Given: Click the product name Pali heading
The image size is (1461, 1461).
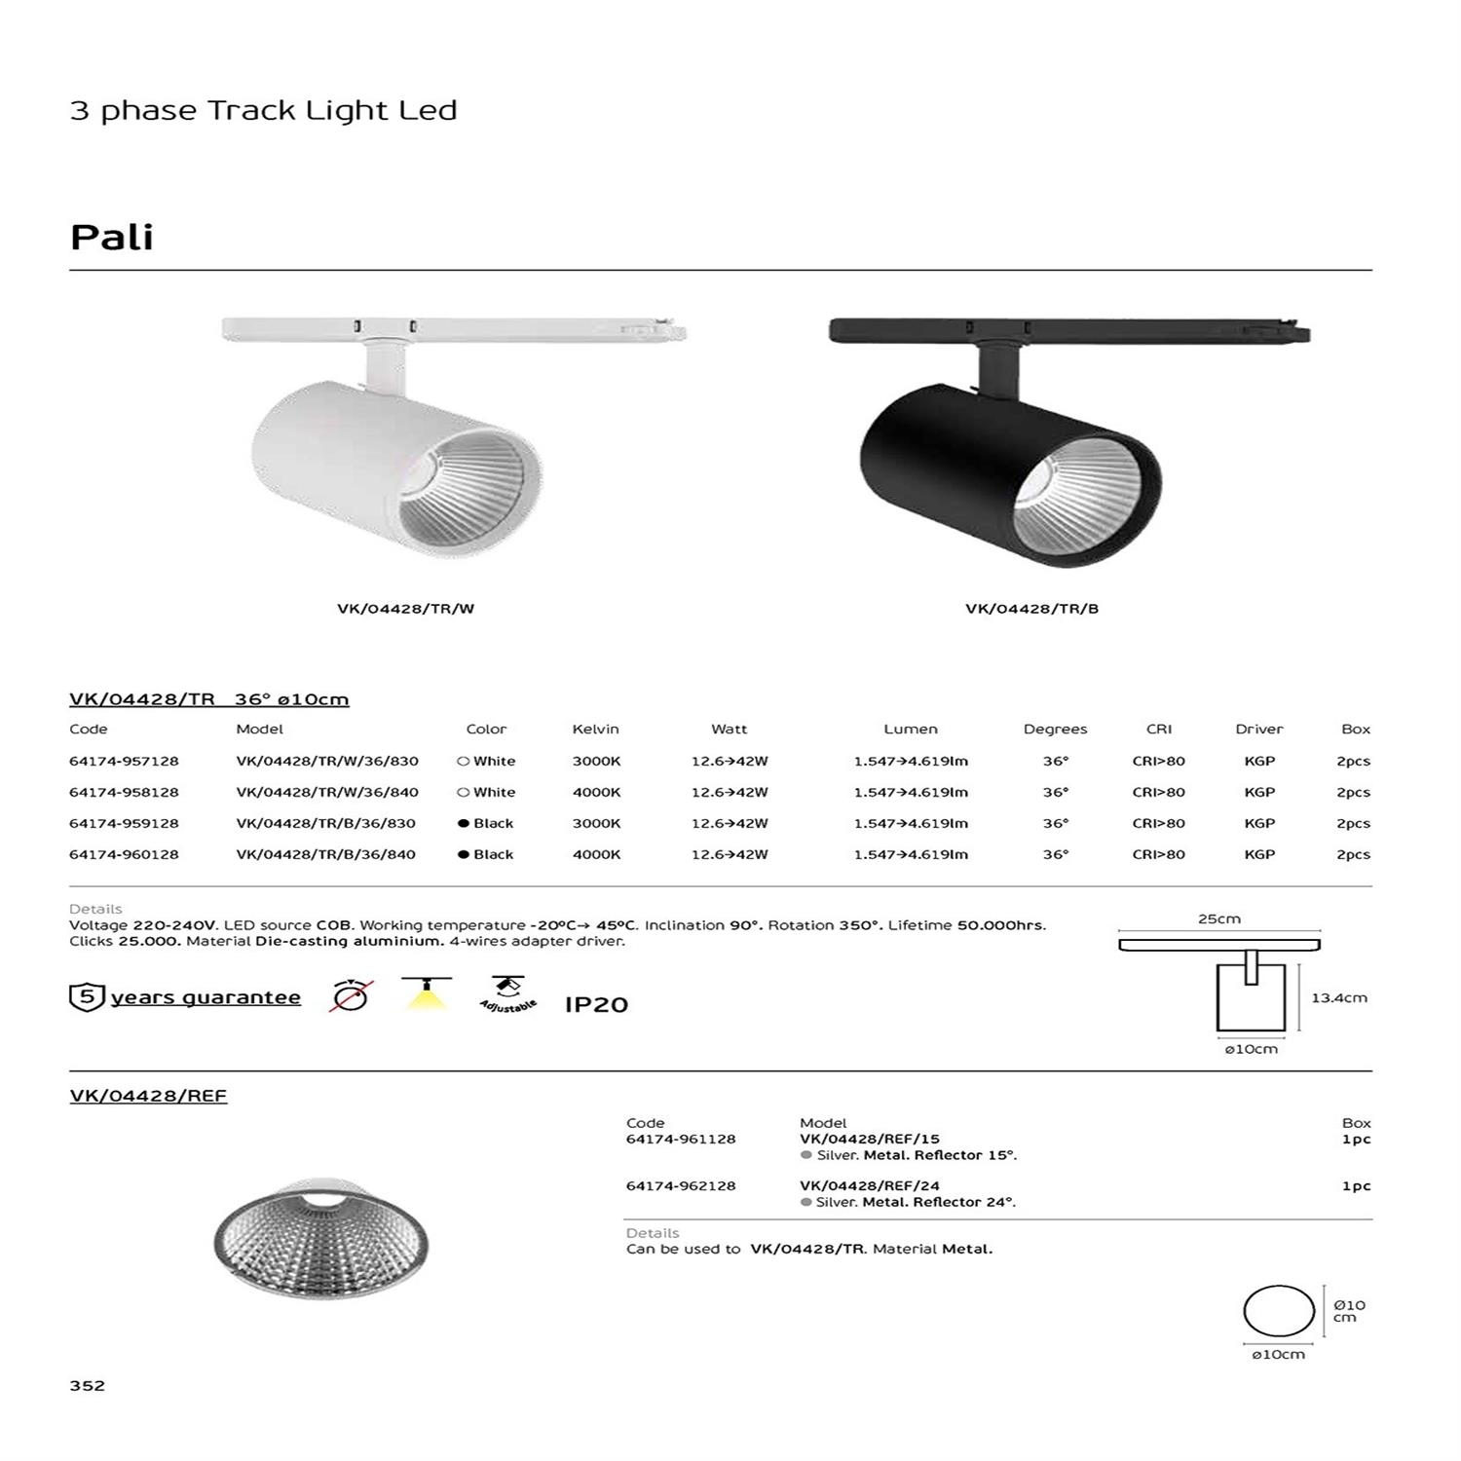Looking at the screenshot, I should pyautogui.click(x=112, y=238).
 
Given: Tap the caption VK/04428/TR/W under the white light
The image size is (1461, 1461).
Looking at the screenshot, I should pyautogui.click(x=405, y=609).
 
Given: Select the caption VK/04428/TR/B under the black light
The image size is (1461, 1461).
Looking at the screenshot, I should pyautogui.click(x=1031, y=609).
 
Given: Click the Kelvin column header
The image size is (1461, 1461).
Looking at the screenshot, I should pyautogui.click(x=595, y=729).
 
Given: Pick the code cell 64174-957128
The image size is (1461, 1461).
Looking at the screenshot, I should pyautogui.click(x=124, y=761).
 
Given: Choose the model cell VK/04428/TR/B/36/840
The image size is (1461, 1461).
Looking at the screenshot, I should pyautogui.click(x=325, y=854).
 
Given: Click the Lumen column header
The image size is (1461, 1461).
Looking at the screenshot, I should pyautogui.click(x=911, y=729).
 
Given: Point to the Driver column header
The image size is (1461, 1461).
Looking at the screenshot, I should pyautogui.click(x=1258, y=729).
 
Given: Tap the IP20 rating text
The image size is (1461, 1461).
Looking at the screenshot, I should pyautogui.click(x=596, y=1004).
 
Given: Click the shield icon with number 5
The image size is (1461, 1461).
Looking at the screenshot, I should pyautogui.click(x=87, y=997).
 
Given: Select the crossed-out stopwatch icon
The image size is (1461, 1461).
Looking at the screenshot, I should pyautogui.click(x=351, y=996).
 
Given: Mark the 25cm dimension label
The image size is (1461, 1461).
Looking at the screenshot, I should pyautogui.click(x=1219, y=918).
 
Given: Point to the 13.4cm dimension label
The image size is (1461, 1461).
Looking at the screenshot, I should pyautogui.click(x=1339, y=997).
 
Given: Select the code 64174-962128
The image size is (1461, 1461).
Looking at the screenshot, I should pyautogui.click(x=681, y=1185).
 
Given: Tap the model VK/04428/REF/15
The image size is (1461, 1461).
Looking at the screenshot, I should pyautogui.click(x=870, y=1139).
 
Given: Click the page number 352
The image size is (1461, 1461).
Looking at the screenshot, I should pyautogui.click(x=88, y=1385).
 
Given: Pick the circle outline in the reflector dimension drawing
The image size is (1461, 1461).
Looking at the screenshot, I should pyautogui.click(x=1279, y=1310).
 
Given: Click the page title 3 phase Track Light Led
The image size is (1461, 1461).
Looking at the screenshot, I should pyautogui.click(x=263, y=110).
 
